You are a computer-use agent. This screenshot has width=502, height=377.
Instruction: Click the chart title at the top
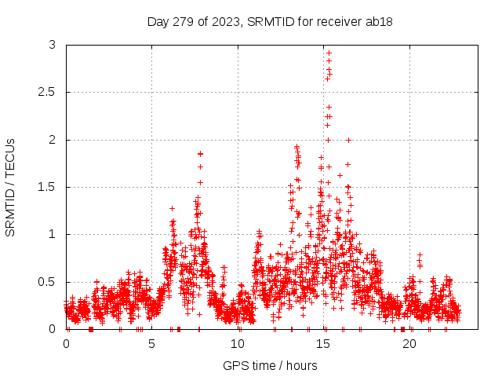[x=270, y=21]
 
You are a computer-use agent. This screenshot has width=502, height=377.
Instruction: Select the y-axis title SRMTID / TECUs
[x=11, y=187]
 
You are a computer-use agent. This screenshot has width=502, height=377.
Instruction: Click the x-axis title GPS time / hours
[x=270, y=365]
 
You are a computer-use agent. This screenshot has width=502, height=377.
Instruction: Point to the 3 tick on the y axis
[x=53, y=46]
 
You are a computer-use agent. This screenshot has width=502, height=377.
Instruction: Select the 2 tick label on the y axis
[x=53, y=140]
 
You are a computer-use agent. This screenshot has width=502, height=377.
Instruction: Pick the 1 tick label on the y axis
[x=53, y=234]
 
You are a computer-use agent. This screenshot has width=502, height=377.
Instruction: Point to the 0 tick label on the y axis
[x=53, y=329]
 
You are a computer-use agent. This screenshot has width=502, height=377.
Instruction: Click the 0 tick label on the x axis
[x=66, y=343]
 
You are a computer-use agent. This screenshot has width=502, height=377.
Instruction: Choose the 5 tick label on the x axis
[x=152, y=343]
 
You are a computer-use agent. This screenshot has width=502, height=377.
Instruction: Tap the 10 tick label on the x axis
[x=238, y=343]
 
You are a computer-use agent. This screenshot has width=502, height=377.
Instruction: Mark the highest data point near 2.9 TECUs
[x=329, y=53]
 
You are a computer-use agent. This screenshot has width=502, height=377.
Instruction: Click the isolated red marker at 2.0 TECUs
[x=348, y=140]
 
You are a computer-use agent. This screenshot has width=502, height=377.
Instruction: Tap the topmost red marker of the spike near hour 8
[x=200, y=153]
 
